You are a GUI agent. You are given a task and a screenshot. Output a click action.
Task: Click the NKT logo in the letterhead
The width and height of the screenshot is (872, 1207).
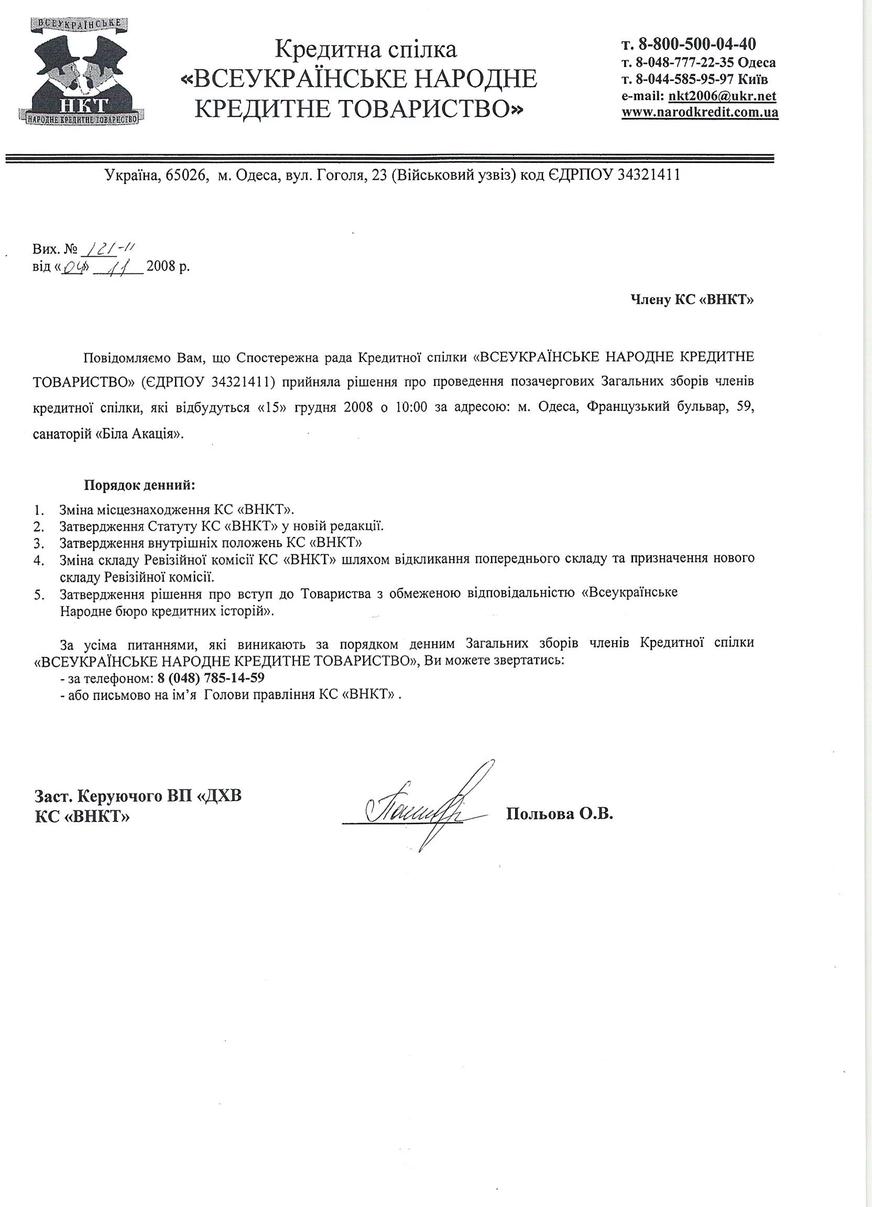pyautogui.click(x=80, y=70)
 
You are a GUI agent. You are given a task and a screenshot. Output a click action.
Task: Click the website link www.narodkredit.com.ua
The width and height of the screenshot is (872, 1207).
pyautogui.click(x=700, y=112)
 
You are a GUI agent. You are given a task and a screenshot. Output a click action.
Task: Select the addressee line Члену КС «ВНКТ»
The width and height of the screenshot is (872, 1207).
pyautogui.click(x=692, y=300)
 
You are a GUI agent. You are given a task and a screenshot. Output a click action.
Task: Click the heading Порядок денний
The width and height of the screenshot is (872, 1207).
pyautogui.click(x=139, y=485)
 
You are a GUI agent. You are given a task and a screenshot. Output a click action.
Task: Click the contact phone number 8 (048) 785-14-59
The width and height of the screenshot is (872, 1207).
pyautogui.click(x=211, y=678)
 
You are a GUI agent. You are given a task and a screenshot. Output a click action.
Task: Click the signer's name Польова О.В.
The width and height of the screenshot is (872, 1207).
pyautogui.click(x=560, y=813)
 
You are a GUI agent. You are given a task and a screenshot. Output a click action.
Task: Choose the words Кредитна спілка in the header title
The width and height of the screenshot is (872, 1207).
pyautogui.click(x=365, y=50)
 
